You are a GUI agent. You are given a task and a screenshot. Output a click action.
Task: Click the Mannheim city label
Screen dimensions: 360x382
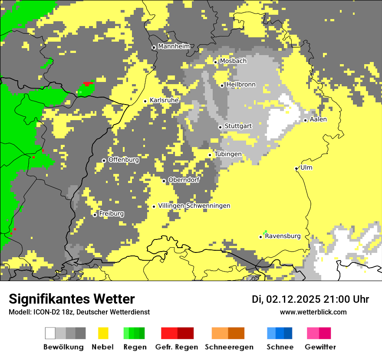(174, 46)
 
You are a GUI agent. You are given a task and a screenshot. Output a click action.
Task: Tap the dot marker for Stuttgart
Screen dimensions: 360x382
(220, 127)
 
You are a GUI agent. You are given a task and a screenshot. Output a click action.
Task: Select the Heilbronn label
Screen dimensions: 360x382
(241, 85)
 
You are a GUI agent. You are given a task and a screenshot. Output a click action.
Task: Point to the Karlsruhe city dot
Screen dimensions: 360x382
(145, 101)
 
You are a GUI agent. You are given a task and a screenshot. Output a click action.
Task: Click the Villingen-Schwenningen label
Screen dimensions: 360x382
(194, 206)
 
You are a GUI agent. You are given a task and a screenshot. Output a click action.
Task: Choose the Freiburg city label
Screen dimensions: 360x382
(111, 214)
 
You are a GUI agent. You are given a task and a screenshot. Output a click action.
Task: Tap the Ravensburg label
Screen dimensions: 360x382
(283, 236)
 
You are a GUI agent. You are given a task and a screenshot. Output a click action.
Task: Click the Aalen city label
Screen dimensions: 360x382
(318, 119)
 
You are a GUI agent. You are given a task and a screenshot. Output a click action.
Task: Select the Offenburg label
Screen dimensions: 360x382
(123, 160)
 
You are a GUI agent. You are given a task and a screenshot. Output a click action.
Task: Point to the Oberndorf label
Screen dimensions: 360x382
(184, 180)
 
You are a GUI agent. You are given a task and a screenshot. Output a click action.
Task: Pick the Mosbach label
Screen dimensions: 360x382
(233, 61)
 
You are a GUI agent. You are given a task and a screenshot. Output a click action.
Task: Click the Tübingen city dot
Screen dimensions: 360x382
(210, 155)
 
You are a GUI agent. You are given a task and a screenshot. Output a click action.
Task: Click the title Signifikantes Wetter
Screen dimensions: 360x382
(72, 299)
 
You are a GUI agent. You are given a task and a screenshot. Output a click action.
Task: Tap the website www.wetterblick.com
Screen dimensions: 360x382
(313, 312)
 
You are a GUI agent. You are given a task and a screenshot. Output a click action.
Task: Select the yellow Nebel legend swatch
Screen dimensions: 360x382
(103, 333)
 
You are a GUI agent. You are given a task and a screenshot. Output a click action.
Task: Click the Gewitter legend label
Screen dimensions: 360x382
(320, 347)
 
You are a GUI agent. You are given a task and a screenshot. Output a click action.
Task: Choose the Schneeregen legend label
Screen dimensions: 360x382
(229, 347)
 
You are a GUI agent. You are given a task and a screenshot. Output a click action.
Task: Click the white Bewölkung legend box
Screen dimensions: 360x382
(50, 333)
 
